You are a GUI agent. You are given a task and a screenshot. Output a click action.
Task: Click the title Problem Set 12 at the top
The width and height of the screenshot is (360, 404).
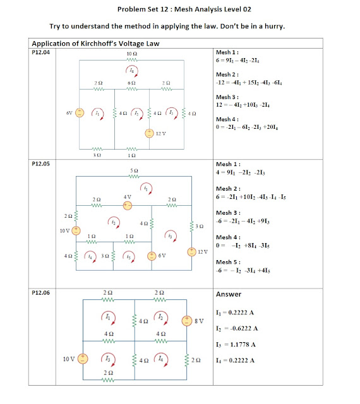[180, 10]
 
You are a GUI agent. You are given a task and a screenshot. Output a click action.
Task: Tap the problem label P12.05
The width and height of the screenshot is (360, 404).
[40, 163]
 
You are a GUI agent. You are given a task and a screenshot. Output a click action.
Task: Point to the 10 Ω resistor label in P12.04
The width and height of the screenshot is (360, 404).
[131, 55]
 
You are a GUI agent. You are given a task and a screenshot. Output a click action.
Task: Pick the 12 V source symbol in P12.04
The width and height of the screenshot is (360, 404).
[149, 133]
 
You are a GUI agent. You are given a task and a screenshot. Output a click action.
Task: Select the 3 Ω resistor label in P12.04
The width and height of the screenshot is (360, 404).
[97, 155]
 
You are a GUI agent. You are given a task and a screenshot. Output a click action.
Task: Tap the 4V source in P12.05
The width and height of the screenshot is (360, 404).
[127, 205]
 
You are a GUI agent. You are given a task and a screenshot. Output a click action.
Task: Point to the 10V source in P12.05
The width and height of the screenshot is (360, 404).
[75, 231]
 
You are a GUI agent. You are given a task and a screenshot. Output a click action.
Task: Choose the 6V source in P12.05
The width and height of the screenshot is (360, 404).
[152, 256]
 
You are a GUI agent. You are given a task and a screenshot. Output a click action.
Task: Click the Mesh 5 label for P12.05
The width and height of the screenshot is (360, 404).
[228, 262]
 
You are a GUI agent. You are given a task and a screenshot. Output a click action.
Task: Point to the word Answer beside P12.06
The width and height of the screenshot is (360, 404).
[229, 294]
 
